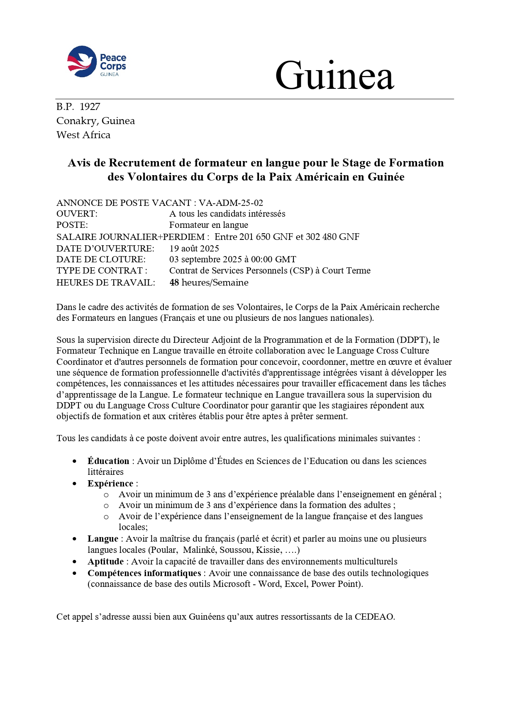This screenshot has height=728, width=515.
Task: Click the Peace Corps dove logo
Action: (x=82, y=61)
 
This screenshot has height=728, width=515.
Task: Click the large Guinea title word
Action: (x=334, y=76)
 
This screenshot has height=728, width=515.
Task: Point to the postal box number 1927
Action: (x=90, y=107)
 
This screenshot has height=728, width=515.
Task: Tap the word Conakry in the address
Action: (x=76, y=121)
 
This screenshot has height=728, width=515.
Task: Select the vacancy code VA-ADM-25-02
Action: (x=231, y=203)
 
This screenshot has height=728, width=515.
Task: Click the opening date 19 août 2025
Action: (x=194, y=249)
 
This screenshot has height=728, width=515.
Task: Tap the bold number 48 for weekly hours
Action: (x=174, y=283)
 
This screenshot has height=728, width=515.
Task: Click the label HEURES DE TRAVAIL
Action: (x=105, y=283)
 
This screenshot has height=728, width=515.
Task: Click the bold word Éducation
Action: (x=108, y=461)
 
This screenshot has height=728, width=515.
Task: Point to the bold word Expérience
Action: (x=110, y=484)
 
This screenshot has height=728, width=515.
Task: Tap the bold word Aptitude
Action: (x=105, y=562)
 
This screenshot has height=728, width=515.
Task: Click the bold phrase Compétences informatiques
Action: (x=144, y=573)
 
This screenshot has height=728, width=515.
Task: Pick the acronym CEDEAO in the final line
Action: (x=374, y=617)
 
